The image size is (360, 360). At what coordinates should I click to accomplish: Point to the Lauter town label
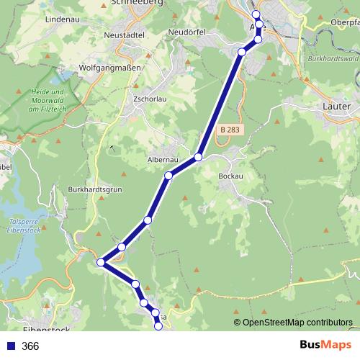(333, 106)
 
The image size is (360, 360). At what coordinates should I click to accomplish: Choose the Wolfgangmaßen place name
(110, 67)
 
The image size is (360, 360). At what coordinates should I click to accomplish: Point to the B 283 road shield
(230, 130)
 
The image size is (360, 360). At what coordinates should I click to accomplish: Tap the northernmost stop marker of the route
(256, 14)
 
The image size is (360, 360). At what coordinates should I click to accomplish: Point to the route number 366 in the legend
(30, 346)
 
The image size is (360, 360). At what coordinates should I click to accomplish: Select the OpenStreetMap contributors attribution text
(297, 323)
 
